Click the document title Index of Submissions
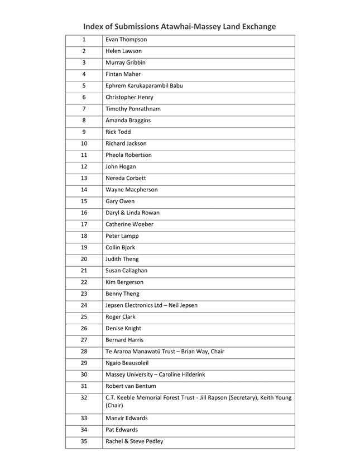[180, 26]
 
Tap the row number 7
[84, 109]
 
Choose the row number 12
[84, 166]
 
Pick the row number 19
[84, 247]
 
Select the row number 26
[84, 328]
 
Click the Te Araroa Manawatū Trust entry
[165, 352]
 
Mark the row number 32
[84, 398]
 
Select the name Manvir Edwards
[127, 418]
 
